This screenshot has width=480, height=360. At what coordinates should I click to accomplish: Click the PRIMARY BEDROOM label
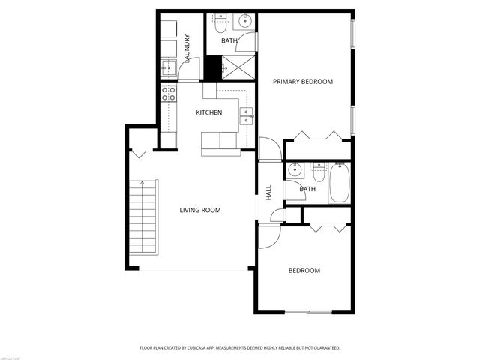(x=302, y=81)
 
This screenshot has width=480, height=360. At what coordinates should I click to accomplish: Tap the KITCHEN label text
(x=208, y=112)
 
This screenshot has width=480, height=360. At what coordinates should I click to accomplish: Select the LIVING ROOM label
(x=200, y=210)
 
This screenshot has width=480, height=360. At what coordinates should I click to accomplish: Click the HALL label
(x=268, y=192)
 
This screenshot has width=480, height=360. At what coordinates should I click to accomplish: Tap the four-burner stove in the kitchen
(x=169, y=94)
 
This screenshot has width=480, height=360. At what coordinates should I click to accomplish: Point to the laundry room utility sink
(x=169, y=69)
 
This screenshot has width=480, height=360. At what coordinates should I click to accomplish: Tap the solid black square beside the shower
(x=214, y=67)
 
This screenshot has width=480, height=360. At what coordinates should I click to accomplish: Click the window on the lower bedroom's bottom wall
(x=307, y=312)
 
